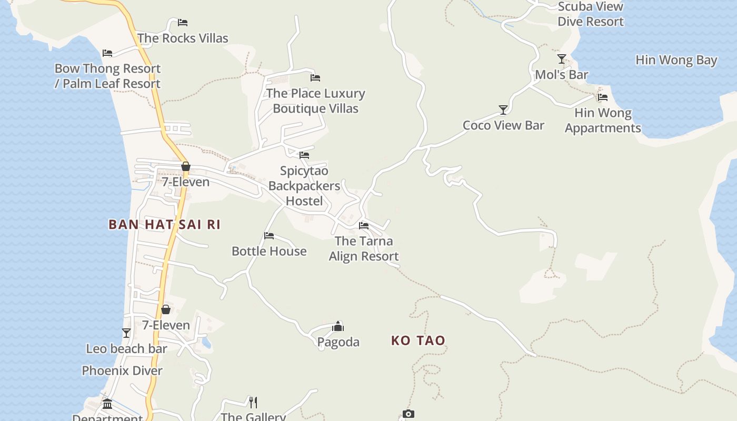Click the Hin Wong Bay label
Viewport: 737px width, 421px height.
(676, 60)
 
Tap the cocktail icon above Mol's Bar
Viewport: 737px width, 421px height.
(562, 59)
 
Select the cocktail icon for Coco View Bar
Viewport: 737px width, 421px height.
(503, 110)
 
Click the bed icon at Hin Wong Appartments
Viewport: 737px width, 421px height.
(603, 97)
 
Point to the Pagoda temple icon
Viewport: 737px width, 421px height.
(338, 327)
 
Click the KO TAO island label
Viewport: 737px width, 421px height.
(418, 340)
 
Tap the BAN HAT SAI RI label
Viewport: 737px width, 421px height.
(164, 225)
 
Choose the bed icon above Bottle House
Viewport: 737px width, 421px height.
(269, 236)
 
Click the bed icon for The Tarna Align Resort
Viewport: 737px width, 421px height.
(364, 226)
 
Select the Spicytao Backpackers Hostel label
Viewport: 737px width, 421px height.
(304, 186)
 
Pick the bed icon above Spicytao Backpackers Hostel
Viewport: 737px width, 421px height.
(304, 155)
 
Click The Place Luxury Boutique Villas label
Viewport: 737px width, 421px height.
(315, 101)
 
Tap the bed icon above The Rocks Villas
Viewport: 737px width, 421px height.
(183, 23)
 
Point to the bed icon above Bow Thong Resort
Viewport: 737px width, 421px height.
(107, 53)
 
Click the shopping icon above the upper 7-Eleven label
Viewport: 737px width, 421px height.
(185, 167)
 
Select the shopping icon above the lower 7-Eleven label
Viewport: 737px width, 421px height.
(166, 309)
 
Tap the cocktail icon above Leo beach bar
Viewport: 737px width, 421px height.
(126, 333)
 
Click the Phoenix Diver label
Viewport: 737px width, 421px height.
(122, 370)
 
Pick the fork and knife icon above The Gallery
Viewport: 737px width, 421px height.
(253, 403)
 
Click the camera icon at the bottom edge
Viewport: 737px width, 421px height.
(409, 414)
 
